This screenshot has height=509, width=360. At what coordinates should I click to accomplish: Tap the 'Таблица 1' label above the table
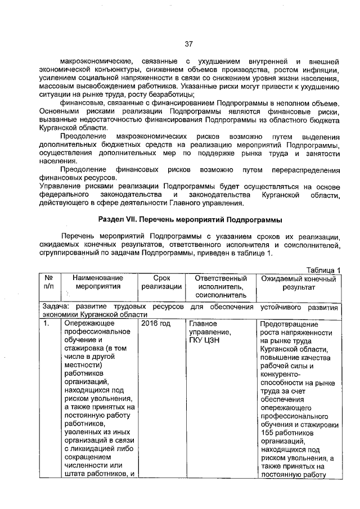pos(323,270)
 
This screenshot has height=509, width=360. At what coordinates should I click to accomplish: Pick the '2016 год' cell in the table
pos(156,324)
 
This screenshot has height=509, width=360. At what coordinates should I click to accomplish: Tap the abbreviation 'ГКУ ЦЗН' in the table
pos(204,341)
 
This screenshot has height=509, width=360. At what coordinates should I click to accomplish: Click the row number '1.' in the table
pos(46,324)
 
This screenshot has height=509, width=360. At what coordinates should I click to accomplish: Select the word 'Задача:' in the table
pos(56,307)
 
